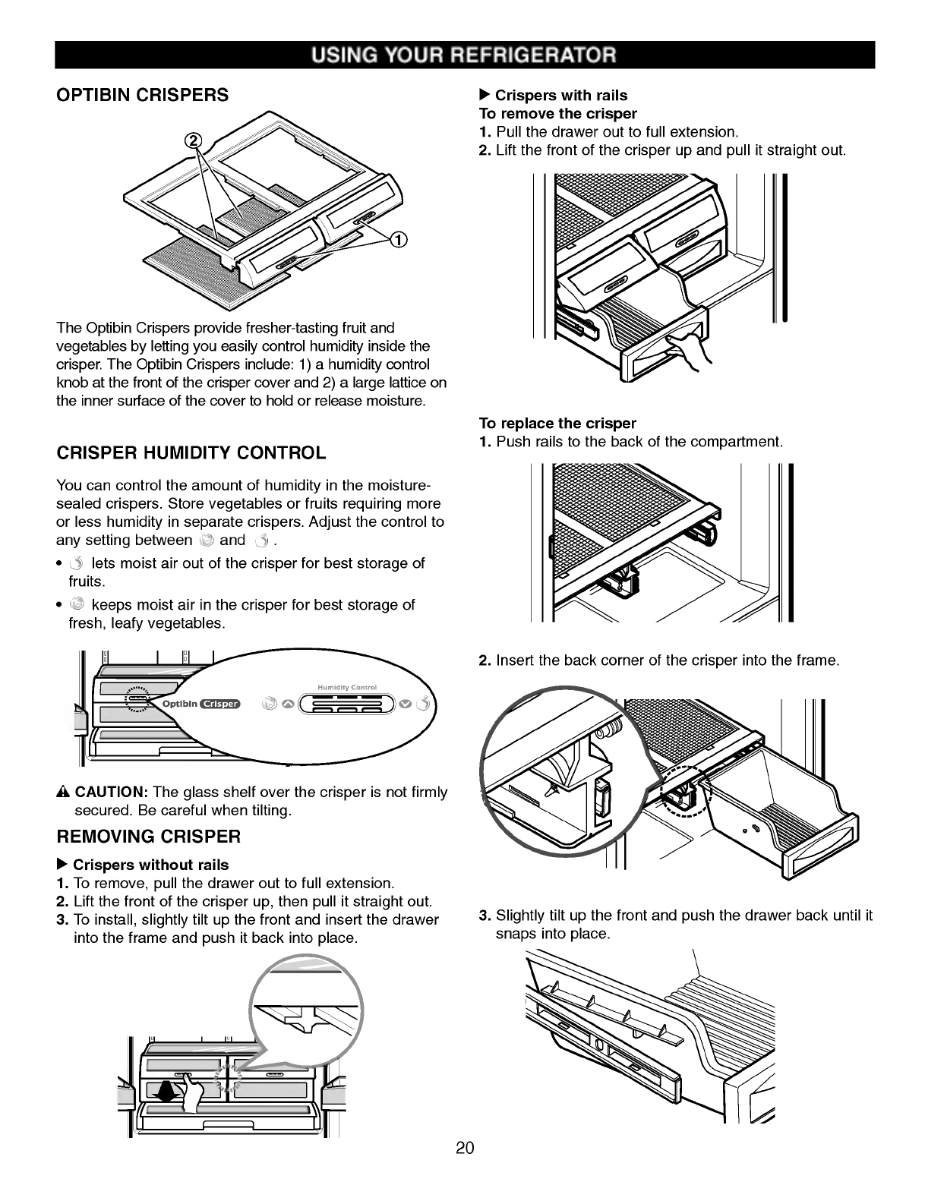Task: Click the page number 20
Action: point(465,1148)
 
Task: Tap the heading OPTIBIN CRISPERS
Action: point(142,96)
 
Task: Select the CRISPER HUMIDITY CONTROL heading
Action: point(191,453)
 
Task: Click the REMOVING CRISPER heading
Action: point(149,837)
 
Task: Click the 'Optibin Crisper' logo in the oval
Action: point(200,704)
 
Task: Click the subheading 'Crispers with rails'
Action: point(560,96)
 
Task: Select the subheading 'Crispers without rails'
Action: point(150,865)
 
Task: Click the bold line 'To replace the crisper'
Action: point(557,423)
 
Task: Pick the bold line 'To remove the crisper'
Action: point(557,114)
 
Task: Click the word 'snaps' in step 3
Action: point(515,934)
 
